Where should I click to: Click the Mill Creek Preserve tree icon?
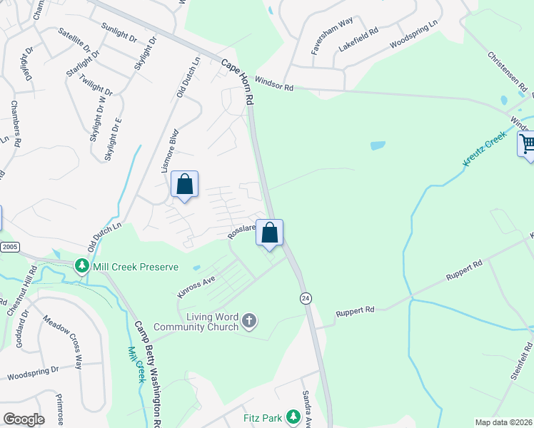pyautogui.click(x=83, y=267)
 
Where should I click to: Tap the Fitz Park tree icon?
pyautogui.click(x=292, y=417)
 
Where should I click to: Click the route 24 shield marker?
pyautogui.click(x=305, y=297)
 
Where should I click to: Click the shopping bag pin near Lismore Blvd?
pyautogui.click(x=184, y=185)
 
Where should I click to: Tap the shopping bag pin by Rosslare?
pyautogui.click(x=269, y=233)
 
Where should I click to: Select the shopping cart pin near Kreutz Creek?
pyautogui.click(x=527, y=145)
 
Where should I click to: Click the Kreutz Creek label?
pyautogui.click(x=484, y=149)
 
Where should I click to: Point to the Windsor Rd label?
pyautogui.click(x=274, y=87)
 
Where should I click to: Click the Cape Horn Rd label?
pyautogui.click(x=238, y=83)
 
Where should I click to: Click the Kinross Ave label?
pyautogui.click(x=196, y=287)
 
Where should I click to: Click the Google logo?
pyautogui.click(x=24, y=419)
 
